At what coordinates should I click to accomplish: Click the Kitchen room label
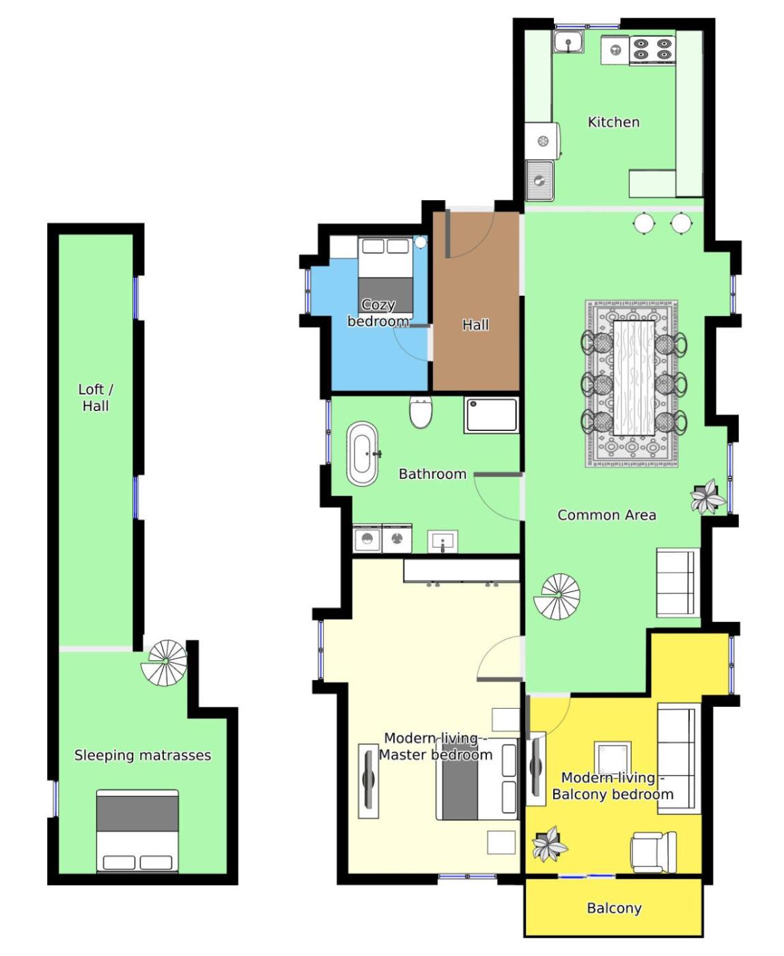(x=613, y=122)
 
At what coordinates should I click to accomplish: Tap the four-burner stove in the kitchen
(x=652, y=49)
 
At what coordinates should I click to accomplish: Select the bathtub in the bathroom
(x=363, y=453)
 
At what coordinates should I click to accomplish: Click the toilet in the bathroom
(x=420, y=412)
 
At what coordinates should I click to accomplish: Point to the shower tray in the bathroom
(x=492, y=414)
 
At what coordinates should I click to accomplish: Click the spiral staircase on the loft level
(x=164, y=662)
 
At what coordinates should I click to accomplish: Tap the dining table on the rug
(x=634, y=378)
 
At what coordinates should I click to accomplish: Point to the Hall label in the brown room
(x=476, y=324)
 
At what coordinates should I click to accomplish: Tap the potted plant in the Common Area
(x=708, y=497)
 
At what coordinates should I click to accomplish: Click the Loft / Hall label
(x=96, y=397)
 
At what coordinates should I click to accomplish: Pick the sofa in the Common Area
(x=678, y=582)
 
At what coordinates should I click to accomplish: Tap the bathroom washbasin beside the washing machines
(x=443, y=542)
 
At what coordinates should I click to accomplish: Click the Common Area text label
(x=606, y=515)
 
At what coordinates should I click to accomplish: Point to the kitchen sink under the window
(x=568, y=42)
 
